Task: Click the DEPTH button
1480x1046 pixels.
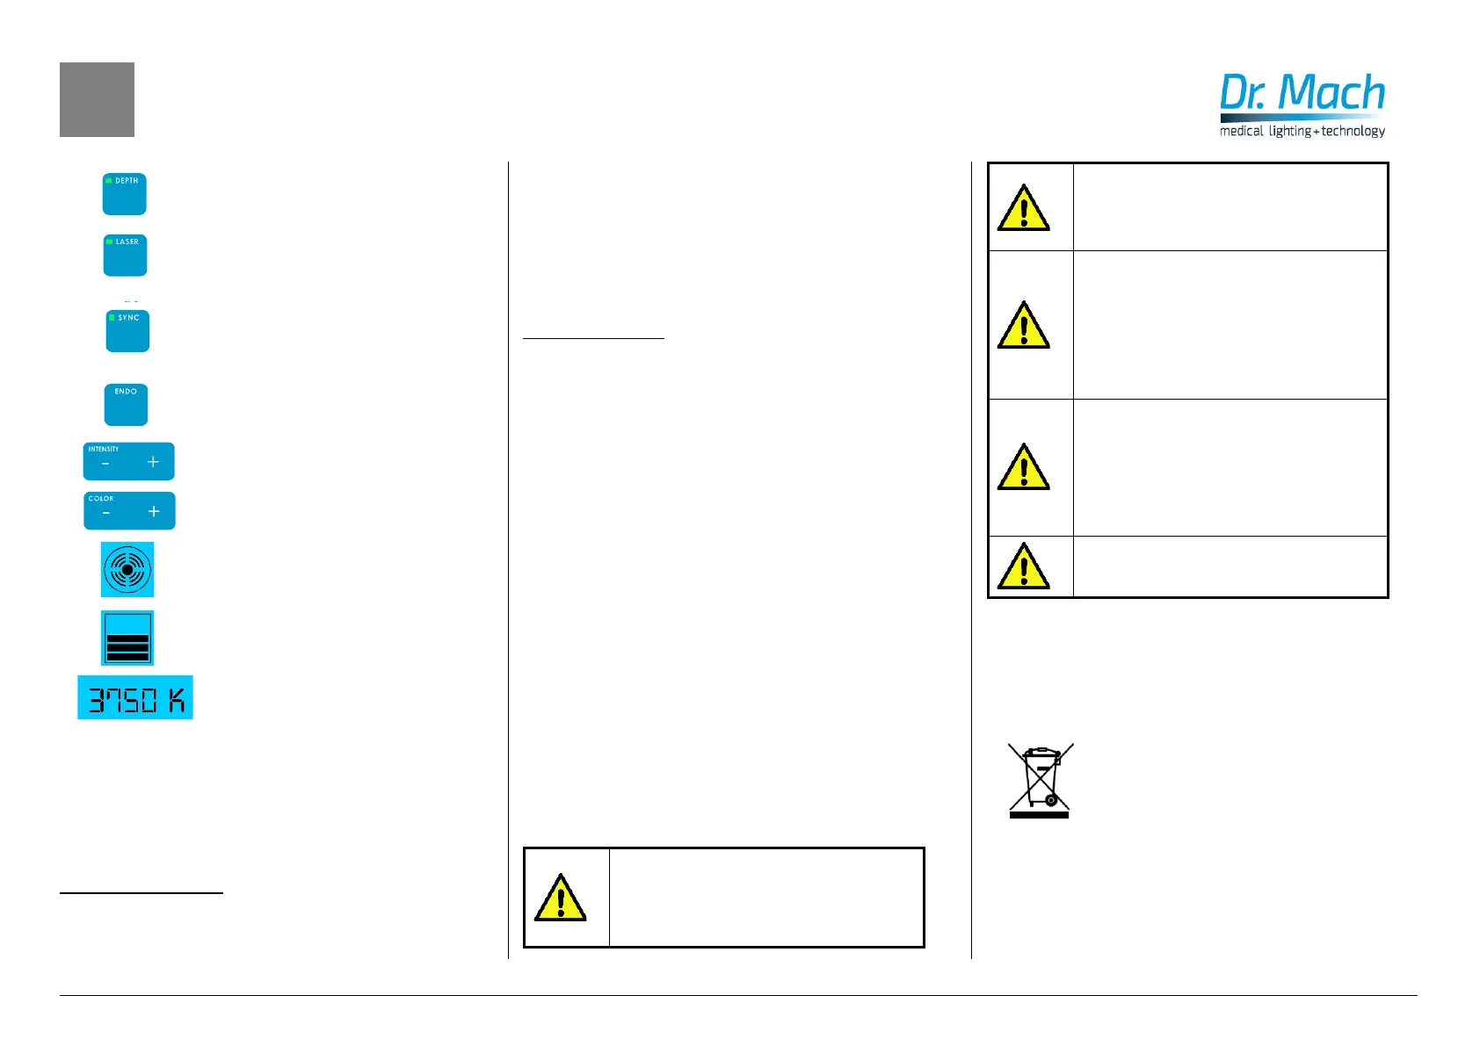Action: tap(125, 194)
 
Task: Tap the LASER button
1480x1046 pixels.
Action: tap(125, 256)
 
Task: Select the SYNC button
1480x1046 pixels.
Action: tap(127, 331)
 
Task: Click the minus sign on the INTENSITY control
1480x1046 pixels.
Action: tap(105, 464)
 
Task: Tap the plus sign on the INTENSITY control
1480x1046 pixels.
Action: tap(153, 462)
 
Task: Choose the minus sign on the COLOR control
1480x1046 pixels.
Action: tap(106, 513)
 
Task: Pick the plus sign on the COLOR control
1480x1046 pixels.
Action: tap(154, 511)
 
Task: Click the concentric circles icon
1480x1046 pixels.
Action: tap(127, 570)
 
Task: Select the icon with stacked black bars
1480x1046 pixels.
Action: tap(127, 638)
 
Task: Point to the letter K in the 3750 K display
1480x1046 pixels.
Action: tap(177, 700)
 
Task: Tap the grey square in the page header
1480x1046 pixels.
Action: tap(97, 99)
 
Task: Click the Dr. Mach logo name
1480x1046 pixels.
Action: tap(1302, 93)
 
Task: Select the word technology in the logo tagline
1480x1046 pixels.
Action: tap(1353, 131)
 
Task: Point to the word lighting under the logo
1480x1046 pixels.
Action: tap(1289, 131)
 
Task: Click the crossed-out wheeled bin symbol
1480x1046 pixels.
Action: tap(1040, 780)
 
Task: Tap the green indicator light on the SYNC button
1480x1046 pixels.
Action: tap(112, 317)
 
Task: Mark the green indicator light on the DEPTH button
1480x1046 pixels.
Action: tap(109, 180)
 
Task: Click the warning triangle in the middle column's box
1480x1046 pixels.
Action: tap(561, 898)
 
